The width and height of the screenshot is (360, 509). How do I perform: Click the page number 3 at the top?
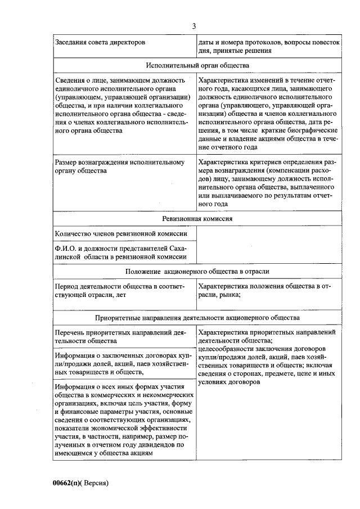[x=195, y=26]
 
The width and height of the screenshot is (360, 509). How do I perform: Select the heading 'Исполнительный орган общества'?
[x=197, y=65]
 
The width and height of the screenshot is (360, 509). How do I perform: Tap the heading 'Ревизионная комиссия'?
[x=197, y=219]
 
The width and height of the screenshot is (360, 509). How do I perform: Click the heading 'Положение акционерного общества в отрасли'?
[x=197, y=272]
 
